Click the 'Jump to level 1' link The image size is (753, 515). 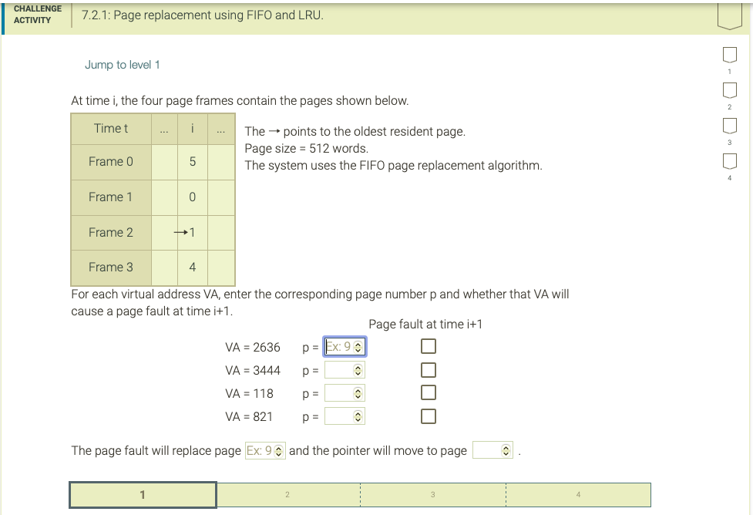point(123,65)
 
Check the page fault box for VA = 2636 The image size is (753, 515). point(429,347)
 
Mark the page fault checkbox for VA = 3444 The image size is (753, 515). point(429,371)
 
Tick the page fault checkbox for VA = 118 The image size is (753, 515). point(429,394)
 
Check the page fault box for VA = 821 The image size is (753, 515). point(429,417)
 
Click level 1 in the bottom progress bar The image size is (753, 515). point(143,495)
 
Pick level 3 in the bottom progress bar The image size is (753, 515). point(432,495)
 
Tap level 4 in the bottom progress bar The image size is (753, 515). point(577,495)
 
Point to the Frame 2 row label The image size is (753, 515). point(111,232)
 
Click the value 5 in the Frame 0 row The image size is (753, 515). point(193,162)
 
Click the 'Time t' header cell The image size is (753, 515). point(111,128)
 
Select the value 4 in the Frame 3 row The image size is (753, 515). point(193,268)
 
